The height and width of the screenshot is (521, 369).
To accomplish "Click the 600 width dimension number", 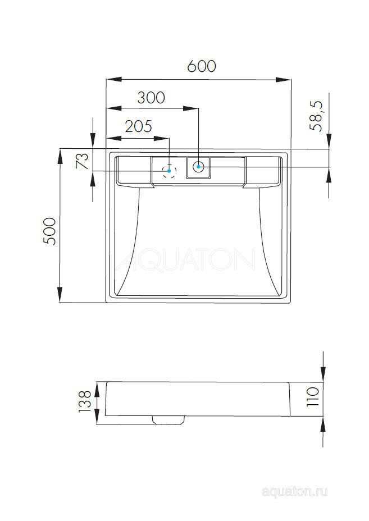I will pyautogui.click(x=202, y=66).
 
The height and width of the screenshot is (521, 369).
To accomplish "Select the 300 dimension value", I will pyautogui.click(x=151, y=98).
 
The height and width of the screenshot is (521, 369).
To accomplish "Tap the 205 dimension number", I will pyautogui.click(x=138, y=126).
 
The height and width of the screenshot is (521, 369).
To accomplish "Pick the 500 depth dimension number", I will pyautogui.click(x=50, y=230).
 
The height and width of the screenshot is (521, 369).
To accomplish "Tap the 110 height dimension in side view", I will pyautogui.click(x=313, y=397).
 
